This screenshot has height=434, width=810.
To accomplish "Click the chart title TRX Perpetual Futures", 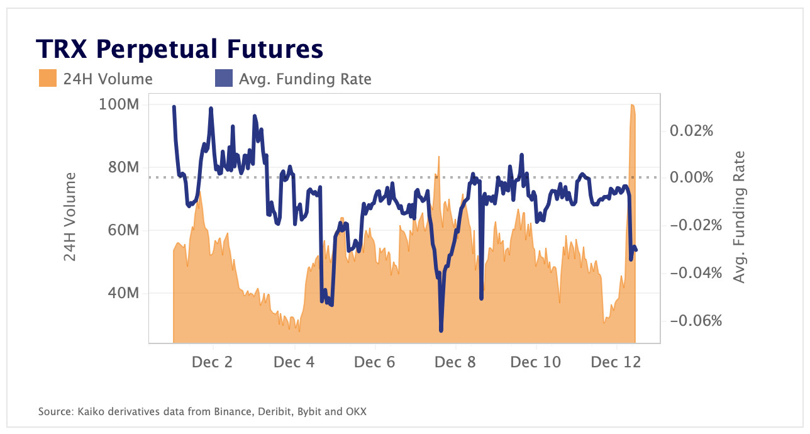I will coord(179,48).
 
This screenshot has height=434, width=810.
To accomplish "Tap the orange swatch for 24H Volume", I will coord(47,79).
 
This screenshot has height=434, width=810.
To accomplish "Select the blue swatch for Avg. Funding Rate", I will coord(224,79).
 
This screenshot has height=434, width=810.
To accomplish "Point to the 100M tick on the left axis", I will coord(119,104).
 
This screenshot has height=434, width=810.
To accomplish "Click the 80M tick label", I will coord(121,167).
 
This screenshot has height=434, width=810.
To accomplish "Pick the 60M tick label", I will coord(121,230).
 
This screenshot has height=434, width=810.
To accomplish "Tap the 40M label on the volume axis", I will coord(121,293).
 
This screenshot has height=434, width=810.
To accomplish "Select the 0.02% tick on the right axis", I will coord(692,131).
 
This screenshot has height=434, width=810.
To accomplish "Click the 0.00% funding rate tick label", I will coord(692,177).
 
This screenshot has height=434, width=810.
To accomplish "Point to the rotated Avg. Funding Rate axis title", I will coord(740,217).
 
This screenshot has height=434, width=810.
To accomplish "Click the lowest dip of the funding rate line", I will coord(441,330).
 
